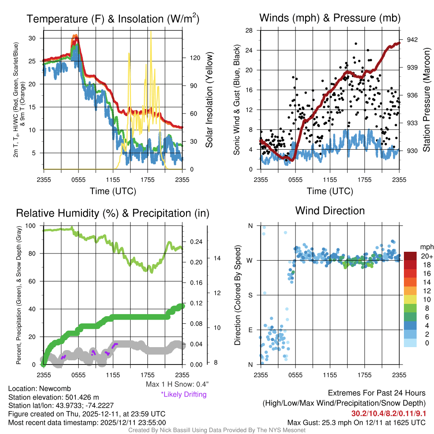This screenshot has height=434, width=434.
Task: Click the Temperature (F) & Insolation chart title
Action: pyautogui.click(x=113, y=19)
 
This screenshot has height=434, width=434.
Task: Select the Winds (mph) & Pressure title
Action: pyautogui.click(x=330, y=18)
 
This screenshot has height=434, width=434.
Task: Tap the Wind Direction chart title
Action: pyautogui.click(x=330, y=211)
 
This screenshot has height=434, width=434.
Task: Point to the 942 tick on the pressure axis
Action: pyautogui.click(x=412, y=39)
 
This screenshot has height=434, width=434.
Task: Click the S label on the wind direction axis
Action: pyautogui.click(x=250, y=295)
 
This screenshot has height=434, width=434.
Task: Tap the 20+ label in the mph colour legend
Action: pyautogui.click(x=426, y=256)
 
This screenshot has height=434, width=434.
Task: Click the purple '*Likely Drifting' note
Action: pyautogui.click(x=184, y=394)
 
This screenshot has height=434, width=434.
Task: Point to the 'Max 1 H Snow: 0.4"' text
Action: pyautogui.click(x=177, y=384)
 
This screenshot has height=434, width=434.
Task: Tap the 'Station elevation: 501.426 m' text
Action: pyautogui.click(x=53, y=397)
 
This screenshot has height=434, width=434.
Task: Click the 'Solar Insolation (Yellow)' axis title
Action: pyautogui.click(x=209, y=100)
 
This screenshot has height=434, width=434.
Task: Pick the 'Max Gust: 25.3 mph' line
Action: pyautogui.click(x=356, y=422)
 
